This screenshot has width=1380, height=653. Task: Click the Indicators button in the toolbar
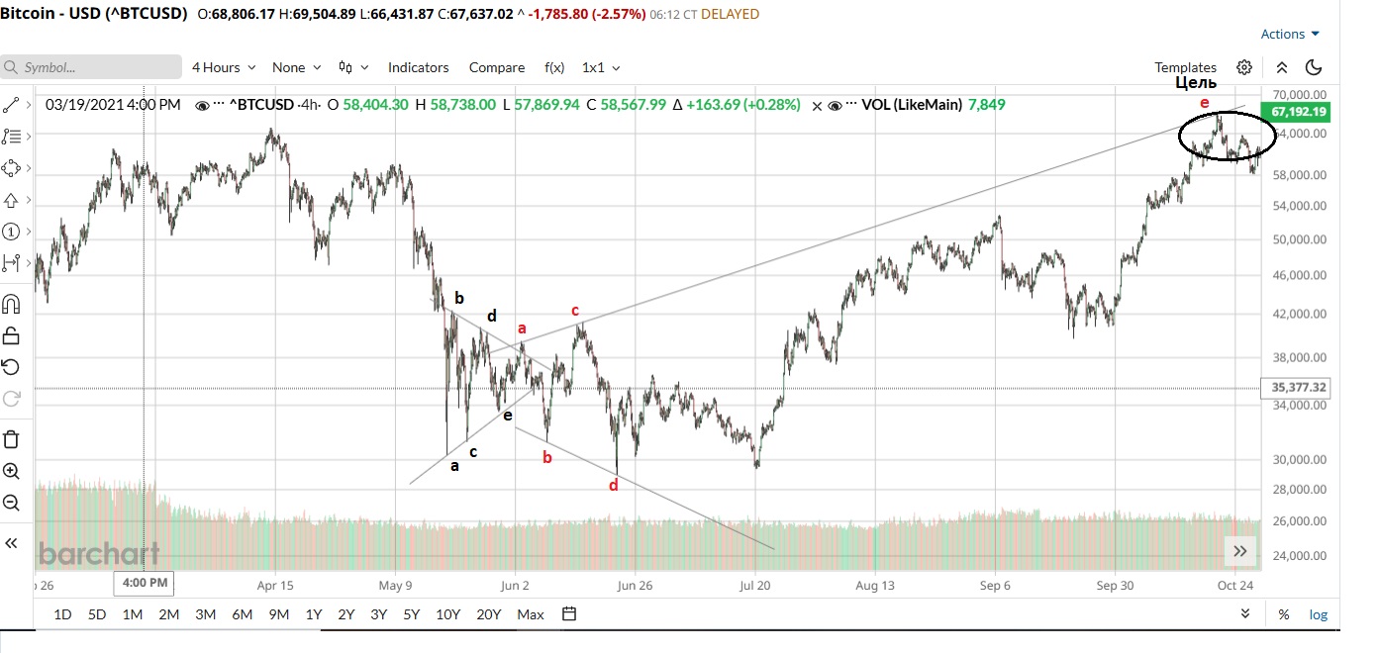[x=418, y=67]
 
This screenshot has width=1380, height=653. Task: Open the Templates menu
[x=1185, y=67]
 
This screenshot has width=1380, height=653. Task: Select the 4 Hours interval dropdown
[x=223, y=67]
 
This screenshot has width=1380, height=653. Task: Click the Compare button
[x=497, y=67]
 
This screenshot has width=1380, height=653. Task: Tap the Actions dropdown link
[x=1289, y=34]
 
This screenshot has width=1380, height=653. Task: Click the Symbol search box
[x=91, y=67]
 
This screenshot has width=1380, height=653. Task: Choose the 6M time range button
[x=242, y=614]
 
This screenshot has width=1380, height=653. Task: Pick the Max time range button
[x=531, y=614]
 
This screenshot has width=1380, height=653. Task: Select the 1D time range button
[x=62, y=614]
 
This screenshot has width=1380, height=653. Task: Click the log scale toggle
[x=1318, y=614]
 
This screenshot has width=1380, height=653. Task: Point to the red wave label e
[x=1204, y=103]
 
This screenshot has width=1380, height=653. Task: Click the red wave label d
[x=614, y=485]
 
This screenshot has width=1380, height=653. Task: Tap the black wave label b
[x=458, y=297]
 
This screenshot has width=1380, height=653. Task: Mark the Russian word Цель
[x=1196, y=83]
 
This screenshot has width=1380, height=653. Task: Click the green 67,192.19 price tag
[x=1294, y=112]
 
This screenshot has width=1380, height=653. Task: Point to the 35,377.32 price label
[x=1294, y=387]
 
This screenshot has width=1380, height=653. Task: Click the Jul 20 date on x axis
[x=755, y=585]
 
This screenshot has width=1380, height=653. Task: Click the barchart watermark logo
[x=99, y=553]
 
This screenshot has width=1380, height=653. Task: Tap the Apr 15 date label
[x=274, y=585]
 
